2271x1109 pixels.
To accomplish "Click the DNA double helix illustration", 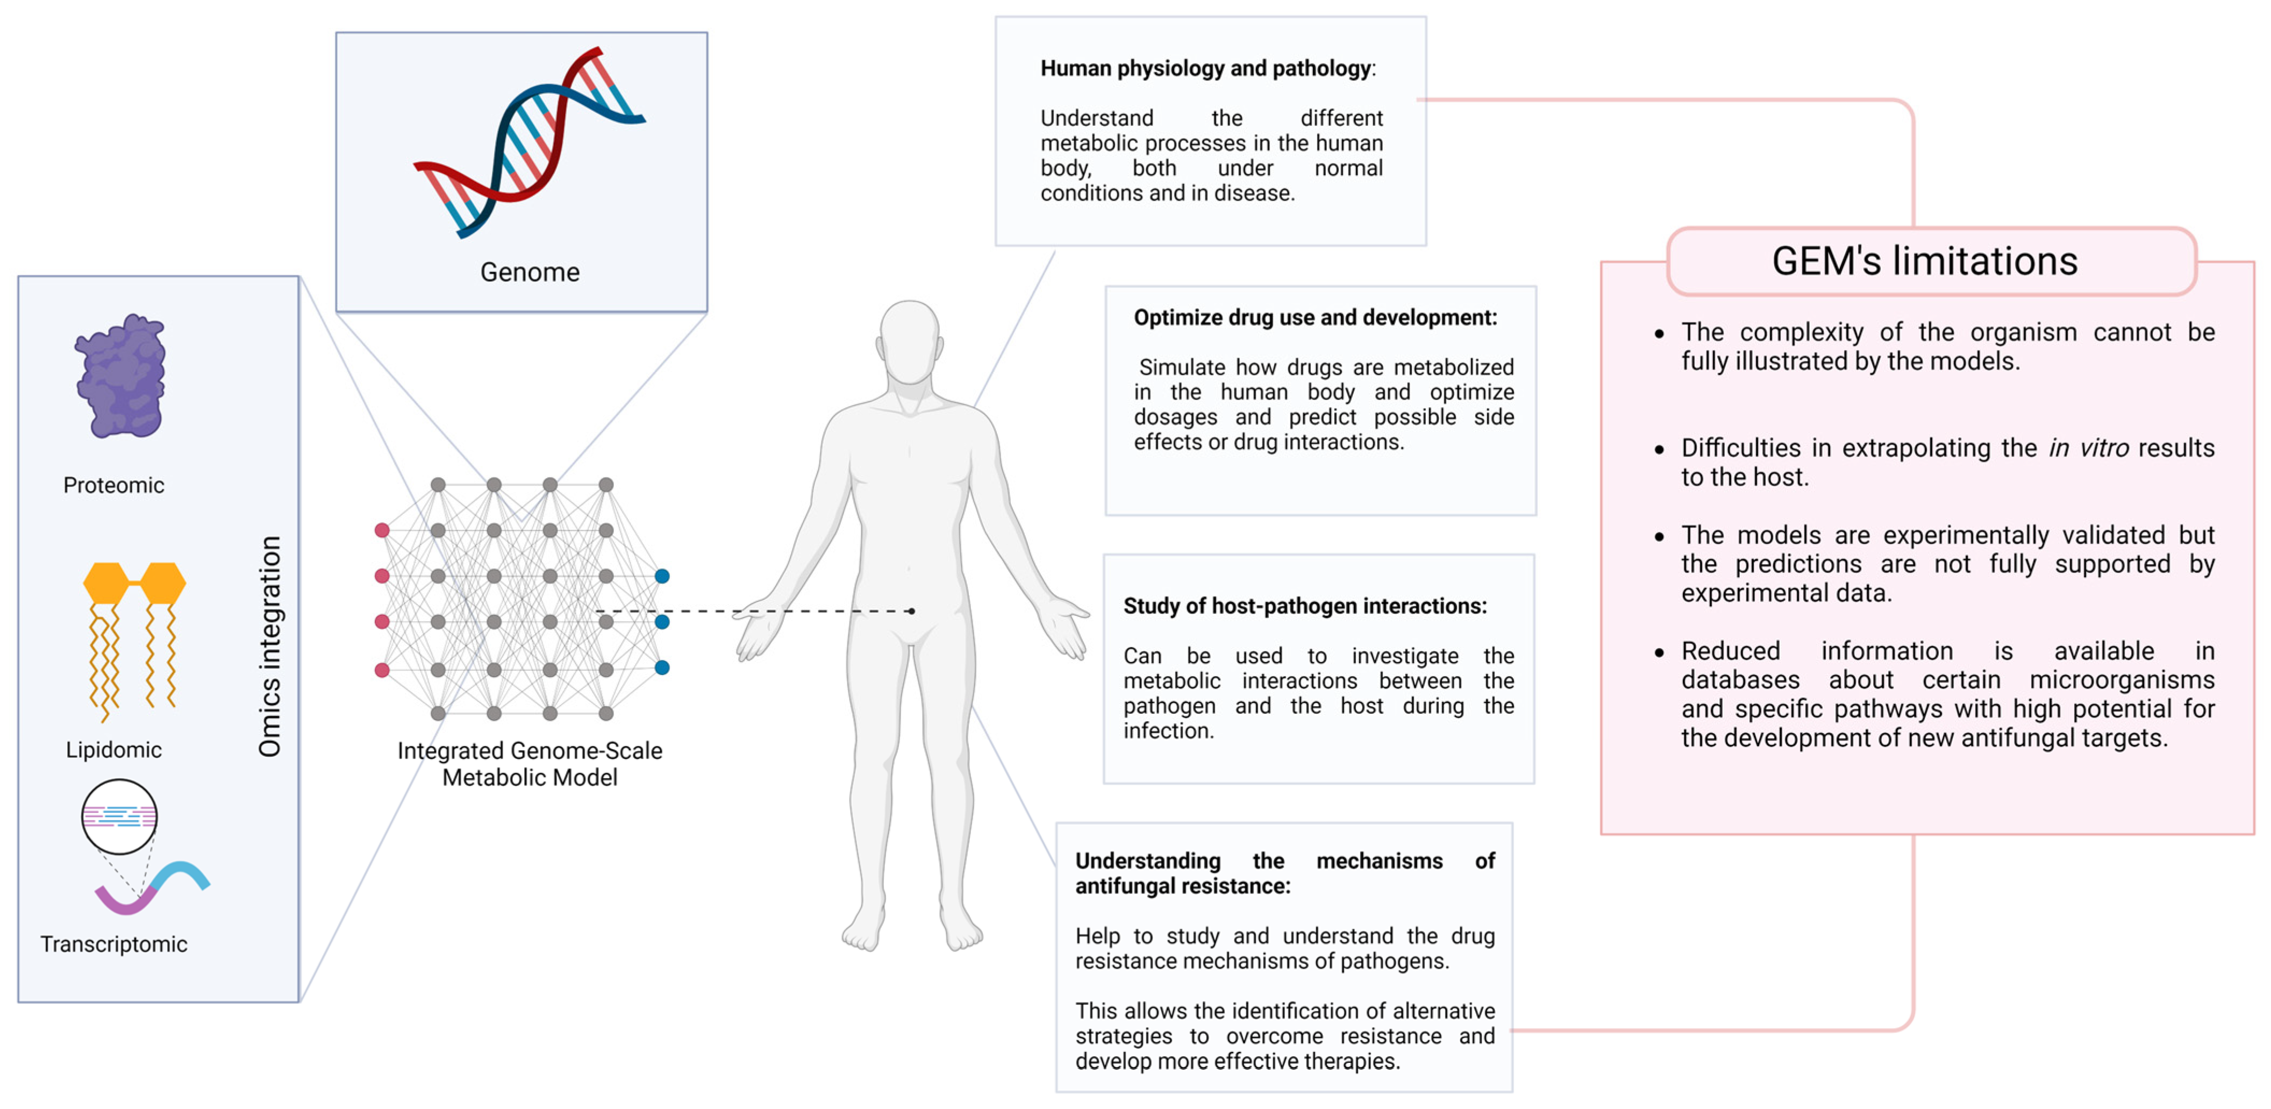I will (x=529, y=141).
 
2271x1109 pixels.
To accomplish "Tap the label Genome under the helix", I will (x=530, y=272).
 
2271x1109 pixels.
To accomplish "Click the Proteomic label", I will (x=114, y=486).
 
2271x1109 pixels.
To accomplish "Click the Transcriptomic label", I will (x=114, y=944).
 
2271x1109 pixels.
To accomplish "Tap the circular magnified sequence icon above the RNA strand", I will (x=119, y=817).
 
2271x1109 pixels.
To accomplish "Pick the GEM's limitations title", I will (x=1925, y=261).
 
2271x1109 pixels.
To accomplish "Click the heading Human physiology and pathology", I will (x=1205, y=69).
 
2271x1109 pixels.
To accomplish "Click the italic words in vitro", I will (x=2088, y=449).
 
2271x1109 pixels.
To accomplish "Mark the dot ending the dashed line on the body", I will (x=912, y=611).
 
